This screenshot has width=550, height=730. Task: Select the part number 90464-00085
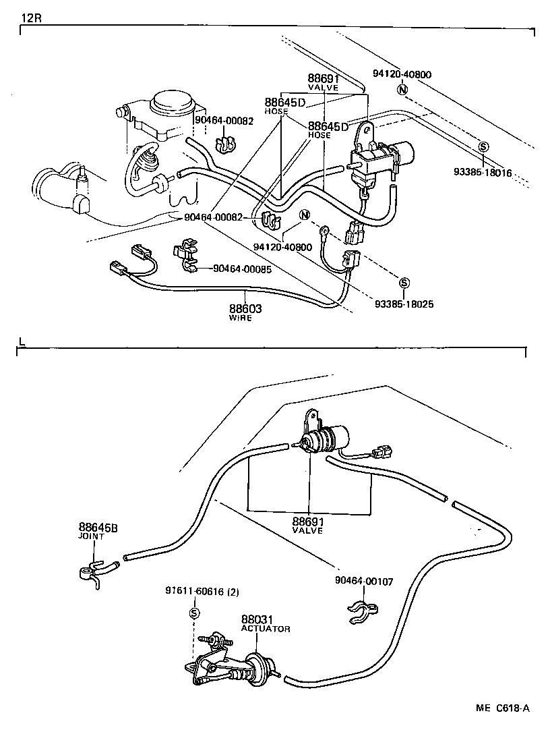(x=242, y=269)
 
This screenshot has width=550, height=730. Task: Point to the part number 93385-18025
(x=404, y=304)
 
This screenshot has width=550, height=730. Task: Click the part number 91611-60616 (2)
(x=202, y=592)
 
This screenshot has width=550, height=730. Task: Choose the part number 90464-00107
(x=364, y=581)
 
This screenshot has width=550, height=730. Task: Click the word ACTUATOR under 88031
(x=266, y=629)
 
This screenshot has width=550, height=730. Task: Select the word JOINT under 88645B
(x=91, y=536)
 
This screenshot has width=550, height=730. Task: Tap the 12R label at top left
(x=30, y=17)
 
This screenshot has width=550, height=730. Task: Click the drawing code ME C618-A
(x=501, y=708)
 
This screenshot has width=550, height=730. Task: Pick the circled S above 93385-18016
(x=483, y=147)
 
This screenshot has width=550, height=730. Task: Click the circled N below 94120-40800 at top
(x=402, y=89)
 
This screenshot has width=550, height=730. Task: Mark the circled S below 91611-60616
(x=193, y=613)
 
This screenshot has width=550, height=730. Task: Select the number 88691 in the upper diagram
(x=323, y=79)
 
